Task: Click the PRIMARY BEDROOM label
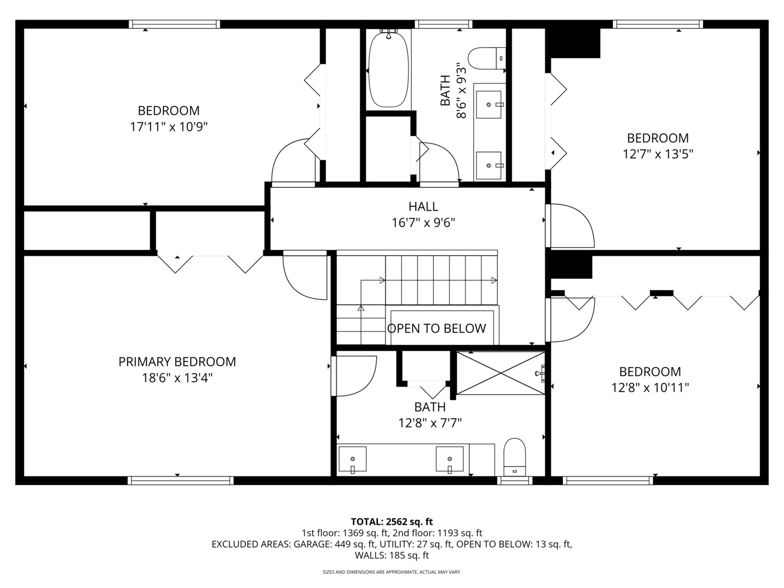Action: tap(177, 362)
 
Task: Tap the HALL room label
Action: tap(423, 206)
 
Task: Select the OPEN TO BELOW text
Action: tap(437, 328)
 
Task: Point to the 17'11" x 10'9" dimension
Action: tap(169, 127)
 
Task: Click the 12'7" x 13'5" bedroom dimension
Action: tap(658, 154)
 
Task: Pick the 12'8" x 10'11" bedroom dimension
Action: tap(650, 388)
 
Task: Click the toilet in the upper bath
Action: tap(487, 59)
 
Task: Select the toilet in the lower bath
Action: tap(514, 457)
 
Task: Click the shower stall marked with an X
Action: tap(501, 373)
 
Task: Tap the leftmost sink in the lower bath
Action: tap(353, 460)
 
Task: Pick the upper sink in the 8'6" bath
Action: tap(489, 104)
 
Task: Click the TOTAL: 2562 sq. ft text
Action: tap(392, 522)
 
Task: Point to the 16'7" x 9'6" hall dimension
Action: tap(423, 223)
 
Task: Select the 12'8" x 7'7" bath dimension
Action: tap(430, 423)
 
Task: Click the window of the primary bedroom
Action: tap(181, 481)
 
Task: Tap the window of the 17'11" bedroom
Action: tap(174, 24)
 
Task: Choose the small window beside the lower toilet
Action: tap(514, 481)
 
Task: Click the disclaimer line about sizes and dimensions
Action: tap(392, 572)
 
